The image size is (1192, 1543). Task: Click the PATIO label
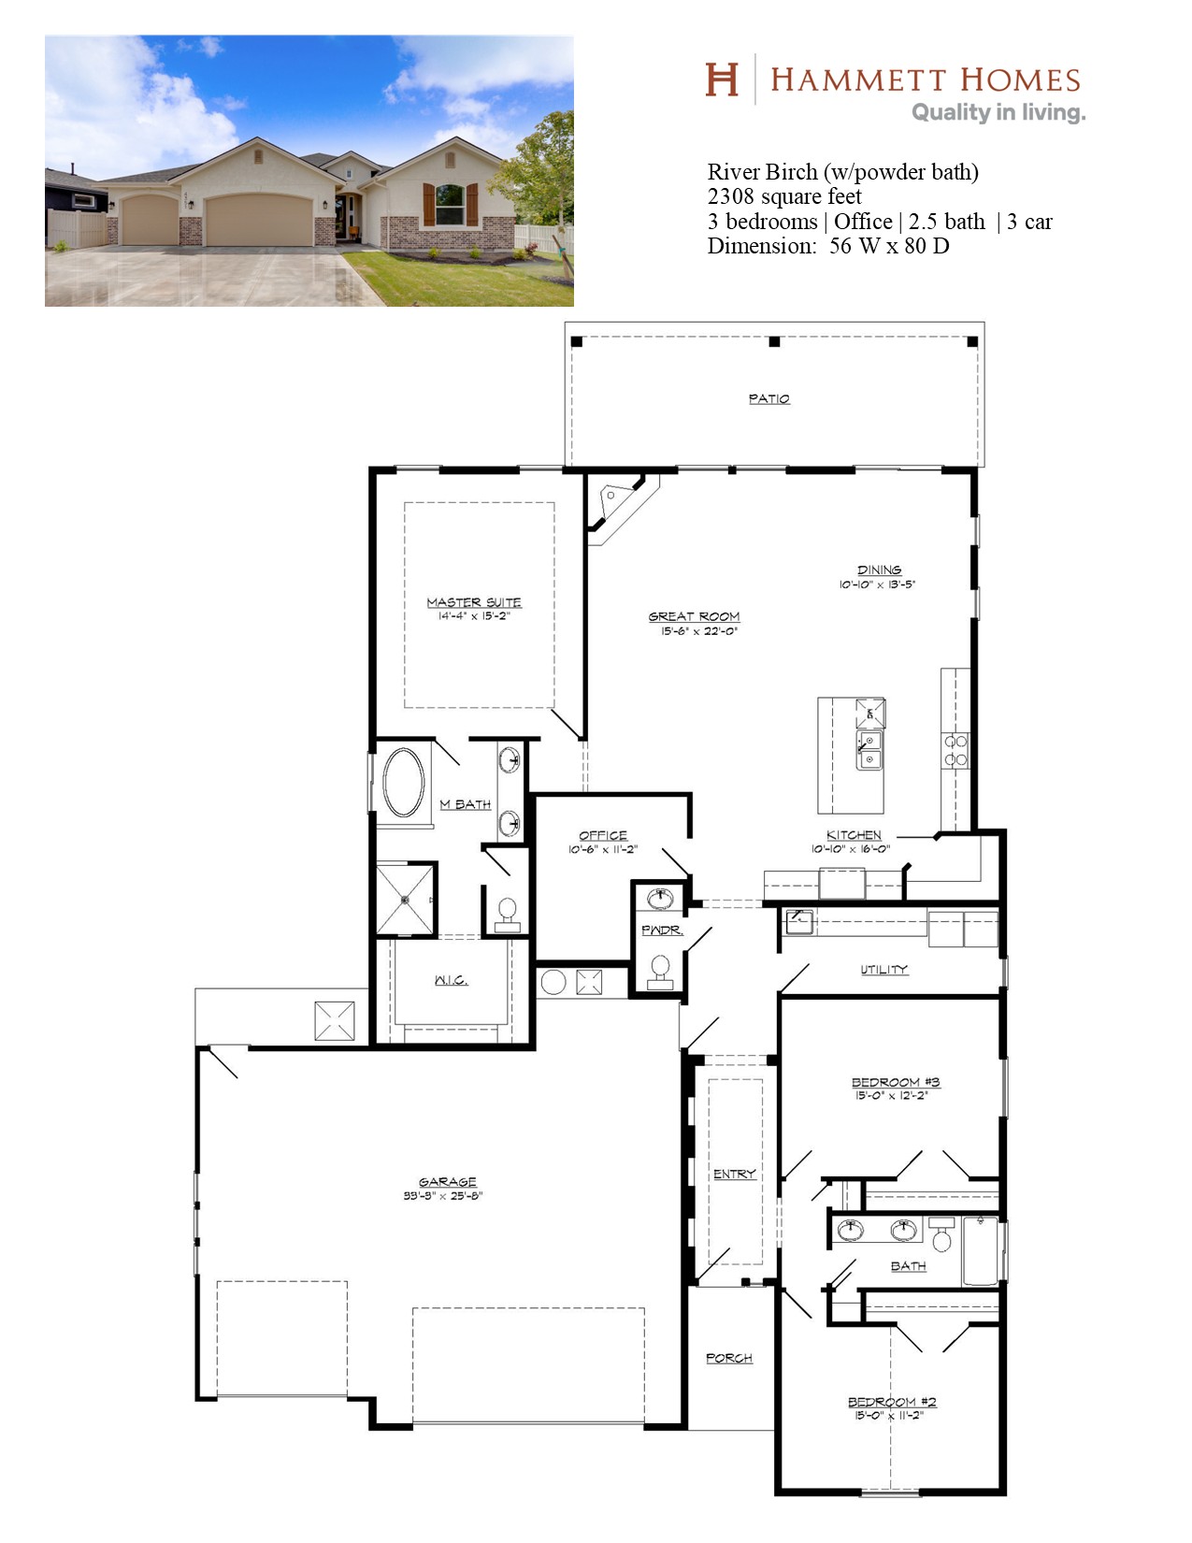tap(768, 399)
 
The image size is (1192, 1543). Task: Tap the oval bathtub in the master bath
tap(403, 782)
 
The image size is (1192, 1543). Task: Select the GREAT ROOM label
tap(694, 616)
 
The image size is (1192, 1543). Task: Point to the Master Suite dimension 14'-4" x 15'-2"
tap(474, 615)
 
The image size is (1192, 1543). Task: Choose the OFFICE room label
tap(603, 836)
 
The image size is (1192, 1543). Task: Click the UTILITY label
tap(883, 969)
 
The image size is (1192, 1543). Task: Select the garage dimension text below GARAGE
tap(443, 1196)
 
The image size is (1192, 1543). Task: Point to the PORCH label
tap(728, 1359)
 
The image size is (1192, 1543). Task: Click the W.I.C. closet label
tap(451, 981)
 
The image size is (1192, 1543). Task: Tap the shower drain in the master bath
tap(405, 900)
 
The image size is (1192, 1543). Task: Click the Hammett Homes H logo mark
tap(722, 79)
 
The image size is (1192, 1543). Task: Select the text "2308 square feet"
tap(783, 196)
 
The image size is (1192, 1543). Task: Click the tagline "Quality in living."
tap(998, 112)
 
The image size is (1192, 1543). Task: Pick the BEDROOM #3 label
tap(896, 1082)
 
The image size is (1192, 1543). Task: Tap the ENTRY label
tap(734, 1174)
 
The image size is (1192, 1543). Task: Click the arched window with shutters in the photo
tap(450, 205)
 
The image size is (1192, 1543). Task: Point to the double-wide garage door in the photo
tap(259, 220)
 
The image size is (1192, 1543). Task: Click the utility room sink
tap(799, 922)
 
